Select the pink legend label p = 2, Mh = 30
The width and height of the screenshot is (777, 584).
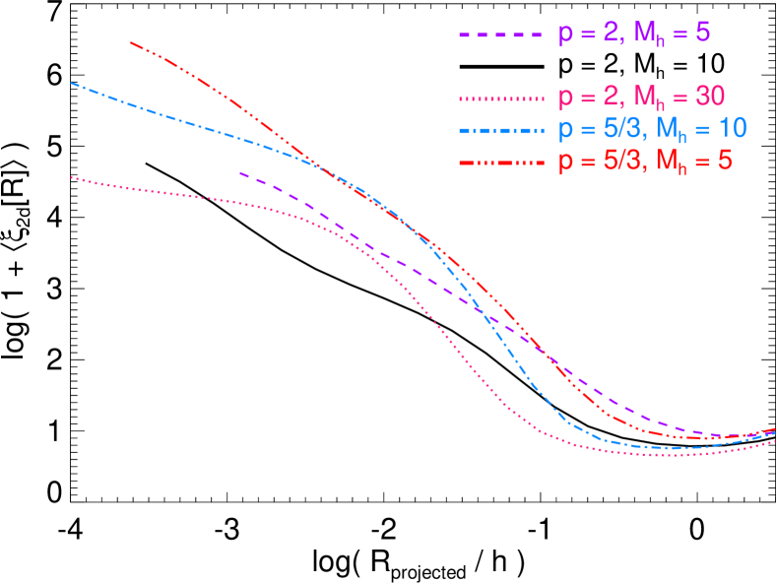(641, 97)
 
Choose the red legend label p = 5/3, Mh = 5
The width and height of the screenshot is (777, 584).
(645, 161)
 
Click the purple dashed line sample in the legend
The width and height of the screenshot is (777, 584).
(500, 35)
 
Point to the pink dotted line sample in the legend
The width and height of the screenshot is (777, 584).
(500, 98)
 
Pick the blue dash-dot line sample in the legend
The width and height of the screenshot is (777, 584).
(500, 130)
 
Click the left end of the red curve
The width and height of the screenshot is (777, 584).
(131, 42)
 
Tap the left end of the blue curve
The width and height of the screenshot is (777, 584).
(72, 83)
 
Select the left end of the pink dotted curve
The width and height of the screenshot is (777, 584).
(72, 178)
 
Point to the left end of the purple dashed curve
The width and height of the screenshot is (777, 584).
(240, 172)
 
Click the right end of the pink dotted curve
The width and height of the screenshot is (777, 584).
(774, 441)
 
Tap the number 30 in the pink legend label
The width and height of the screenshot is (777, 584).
(710, 97)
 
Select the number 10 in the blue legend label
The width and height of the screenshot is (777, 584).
(732, 128)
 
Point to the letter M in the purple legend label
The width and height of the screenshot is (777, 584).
(644, 33)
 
